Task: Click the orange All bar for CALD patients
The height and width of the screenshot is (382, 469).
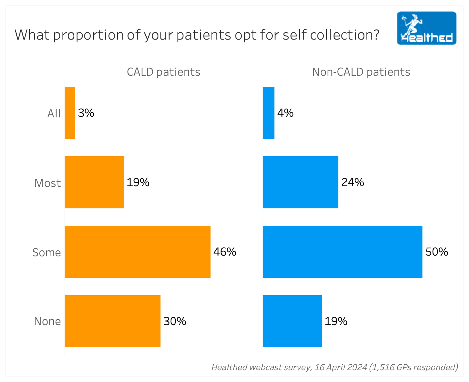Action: [70, 113]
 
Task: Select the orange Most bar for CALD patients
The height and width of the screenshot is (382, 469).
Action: [94, 182]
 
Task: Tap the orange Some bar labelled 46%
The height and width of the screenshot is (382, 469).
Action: [138, 252]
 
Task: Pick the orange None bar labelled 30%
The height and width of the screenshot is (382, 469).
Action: [113, 321]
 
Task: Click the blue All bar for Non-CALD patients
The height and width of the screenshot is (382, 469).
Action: [269, 113]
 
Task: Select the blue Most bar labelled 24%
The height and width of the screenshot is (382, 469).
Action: [301, 182]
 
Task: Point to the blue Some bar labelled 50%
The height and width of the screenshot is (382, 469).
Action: [343, 252]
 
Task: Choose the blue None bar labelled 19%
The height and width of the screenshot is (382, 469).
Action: [292, 321]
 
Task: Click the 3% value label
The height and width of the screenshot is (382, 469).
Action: [86, 113]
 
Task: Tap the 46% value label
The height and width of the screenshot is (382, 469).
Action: [225, 252]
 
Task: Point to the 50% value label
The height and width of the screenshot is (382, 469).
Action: [437, 252]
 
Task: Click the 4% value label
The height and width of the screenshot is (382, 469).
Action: [285, 113]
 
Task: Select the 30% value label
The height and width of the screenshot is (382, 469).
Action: [175, 321]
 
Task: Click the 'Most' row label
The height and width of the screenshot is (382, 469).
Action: [48, 183]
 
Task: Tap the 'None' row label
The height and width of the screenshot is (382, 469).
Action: [47, 321]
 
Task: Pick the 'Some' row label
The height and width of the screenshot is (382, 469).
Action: [47, 252]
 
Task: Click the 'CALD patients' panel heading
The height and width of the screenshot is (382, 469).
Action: [163, 72]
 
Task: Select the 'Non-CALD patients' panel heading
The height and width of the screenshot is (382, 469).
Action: [361, 72]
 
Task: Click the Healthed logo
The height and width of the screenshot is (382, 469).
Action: [427, 28]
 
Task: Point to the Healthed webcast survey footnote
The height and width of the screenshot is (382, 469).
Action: [335, 367]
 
